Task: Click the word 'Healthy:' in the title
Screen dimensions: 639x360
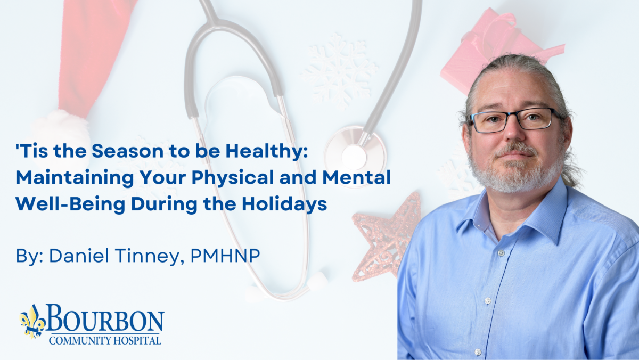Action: (267, 152)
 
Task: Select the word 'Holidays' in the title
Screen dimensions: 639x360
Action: (284, 204)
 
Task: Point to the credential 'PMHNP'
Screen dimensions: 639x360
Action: (225, 256)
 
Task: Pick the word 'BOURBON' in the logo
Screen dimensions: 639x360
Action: (105, 318)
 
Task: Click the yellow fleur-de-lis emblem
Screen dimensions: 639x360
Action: (32, 322)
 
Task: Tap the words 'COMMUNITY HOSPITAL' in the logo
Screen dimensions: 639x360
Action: (105, 340)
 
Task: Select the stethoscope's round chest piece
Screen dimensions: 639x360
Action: (355, 157)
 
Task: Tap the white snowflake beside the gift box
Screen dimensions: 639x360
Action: (339, 71)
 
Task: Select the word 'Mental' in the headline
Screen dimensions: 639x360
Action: (357, 177)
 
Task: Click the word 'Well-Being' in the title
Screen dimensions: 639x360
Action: (70, 204)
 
